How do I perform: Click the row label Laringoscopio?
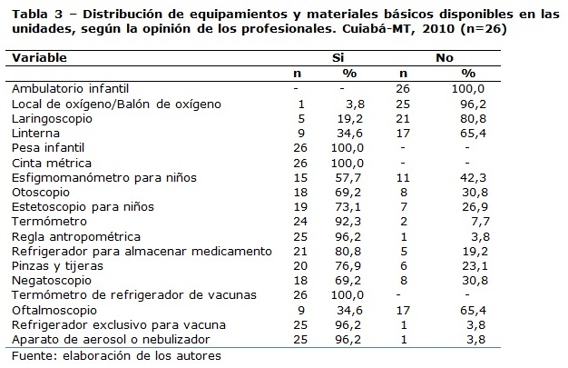(x=50, y=117)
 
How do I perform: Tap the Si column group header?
(x=338, y=57)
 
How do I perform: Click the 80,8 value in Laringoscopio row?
(x=469, y=117)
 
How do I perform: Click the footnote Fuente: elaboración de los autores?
(x=115, y=355)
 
